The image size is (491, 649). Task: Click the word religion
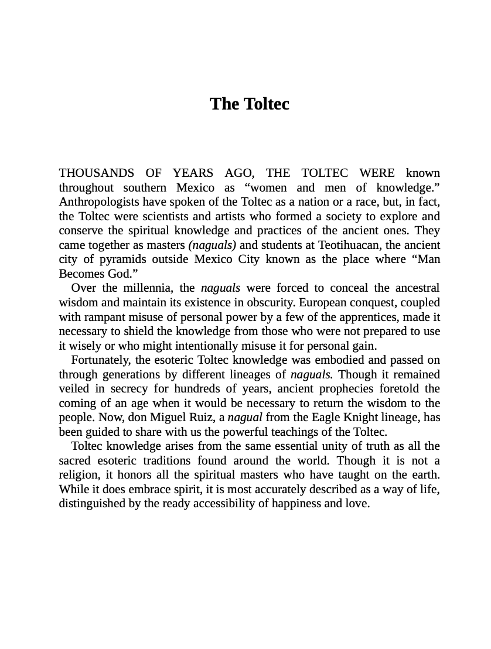click(80, 475)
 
